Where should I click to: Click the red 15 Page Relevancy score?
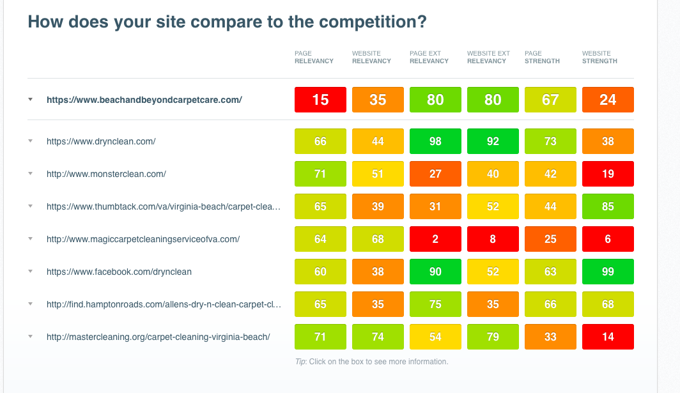[x=320, y=100]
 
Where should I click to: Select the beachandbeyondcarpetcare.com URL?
[x=144, y=100]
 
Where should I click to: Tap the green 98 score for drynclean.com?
[x=435, y=141]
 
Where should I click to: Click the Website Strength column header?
[x=599, y=58]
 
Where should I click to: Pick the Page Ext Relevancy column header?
[x=429, y=58]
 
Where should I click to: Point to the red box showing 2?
[x=435, y=239]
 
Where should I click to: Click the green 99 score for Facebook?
[x=608, y=272]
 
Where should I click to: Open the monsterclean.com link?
[x=106, y=174]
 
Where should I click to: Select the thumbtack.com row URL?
[x=164, y=206]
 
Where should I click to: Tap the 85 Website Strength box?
[x=608, y=206]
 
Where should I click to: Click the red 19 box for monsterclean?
[x=608, y=174]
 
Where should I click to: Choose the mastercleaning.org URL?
[x=158, y=337]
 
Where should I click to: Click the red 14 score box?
[x=608, y=337]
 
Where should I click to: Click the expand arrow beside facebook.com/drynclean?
[x=31, y=272]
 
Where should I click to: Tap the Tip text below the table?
[x=372, y=362]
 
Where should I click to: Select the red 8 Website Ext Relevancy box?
[x=493, y=239]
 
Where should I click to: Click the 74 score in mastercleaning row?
[x=378, y=337]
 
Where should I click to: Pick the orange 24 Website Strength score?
[x=608, y=100]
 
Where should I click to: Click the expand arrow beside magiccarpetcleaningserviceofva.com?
[x=31, y=239]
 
